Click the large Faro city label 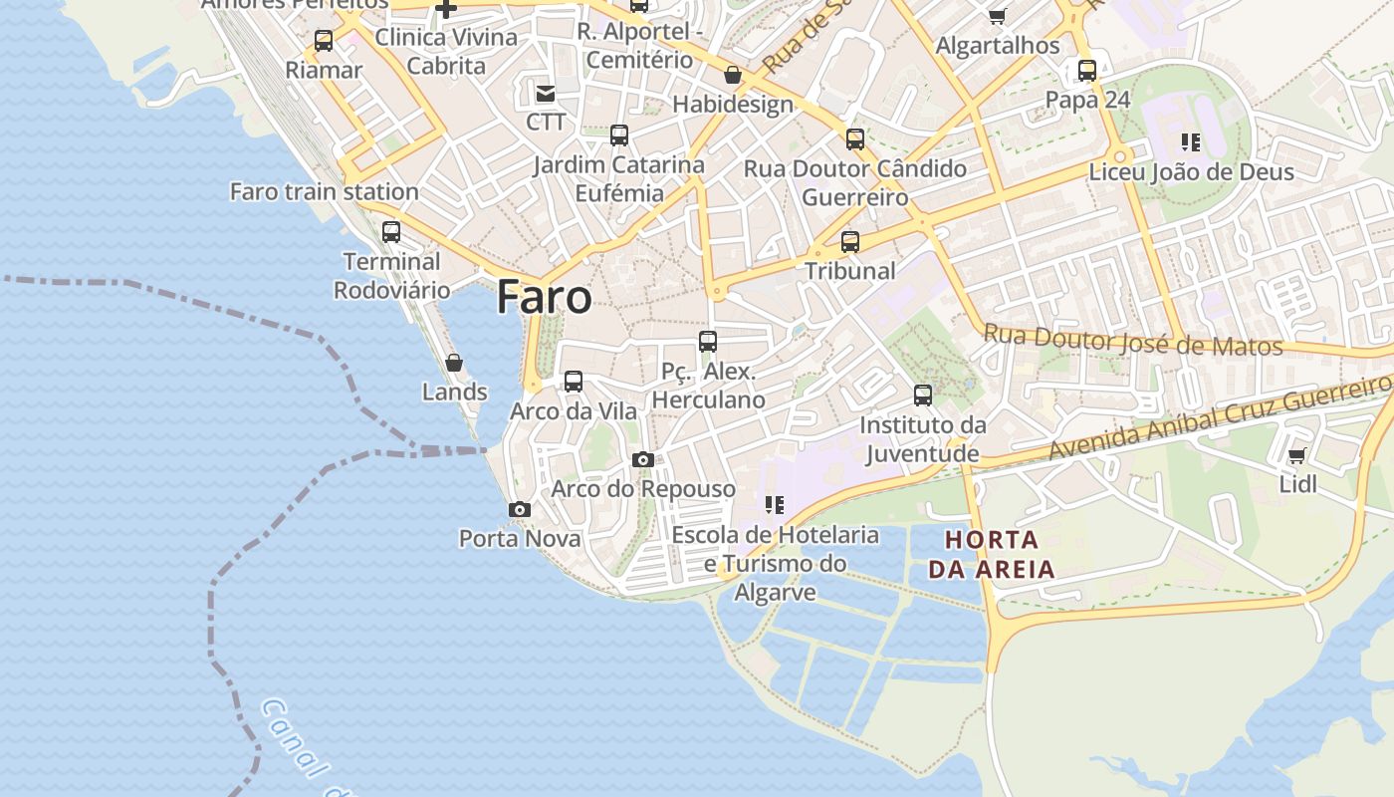pos(544,297)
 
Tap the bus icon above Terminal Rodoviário pos(391,232)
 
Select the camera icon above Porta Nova pos(519,509)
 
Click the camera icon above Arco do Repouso pos(643,459)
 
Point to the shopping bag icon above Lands pos(454,363)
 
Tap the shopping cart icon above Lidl pos(1296,455)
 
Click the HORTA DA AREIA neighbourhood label pos(990,555)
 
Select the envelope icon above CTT pos(546,94)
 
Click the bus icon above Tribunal pos(850,241)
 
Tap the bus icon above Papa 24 pos(1087,71)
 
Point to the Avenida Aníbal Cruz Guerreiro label pos(1220,416)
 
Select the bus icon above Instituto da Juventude pos(923,396)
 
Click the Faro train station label pos(324,191)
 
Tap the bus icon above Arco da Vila pos(574,381)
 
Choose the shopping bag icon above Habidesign pos(733,75)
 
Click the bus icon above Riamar pos(324,41)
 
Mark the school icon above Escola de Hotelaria pos(775,505)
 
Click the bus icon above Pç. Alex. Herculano pos(708,342)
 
